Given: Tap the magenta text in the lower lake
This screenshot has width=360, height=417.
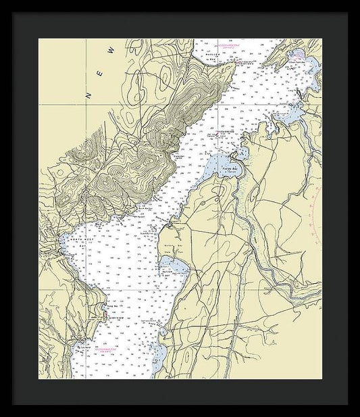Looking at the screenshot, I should (108, 349).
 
